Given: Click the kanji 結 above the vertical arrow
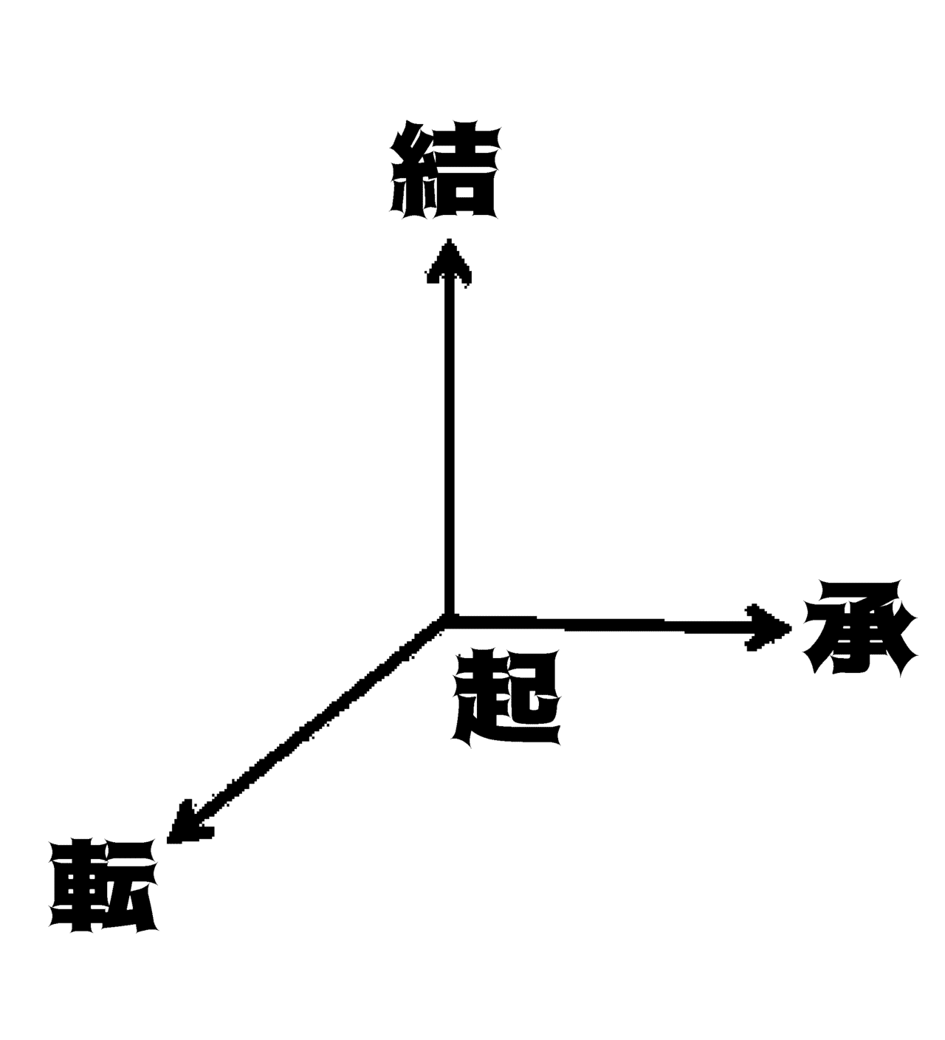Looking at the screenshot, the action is (x=444, y=170).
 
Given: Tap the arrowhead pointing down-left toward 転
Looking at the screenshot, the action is (x=188, y=823).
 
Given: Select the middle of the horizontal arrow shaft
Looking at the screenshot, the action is (x=596, y=624).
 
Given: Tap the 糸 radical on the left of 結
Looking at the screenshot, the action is (x=413, y=170).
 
